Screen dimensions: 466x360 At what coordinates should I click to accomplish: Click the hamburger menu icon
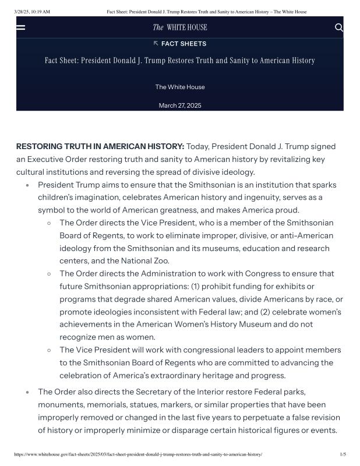(20, 27)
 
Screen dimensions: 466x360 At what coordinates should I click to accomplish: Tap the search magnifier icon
(339, 27)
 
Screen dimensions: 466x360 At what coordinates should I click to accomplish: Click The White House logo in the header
(179, 27)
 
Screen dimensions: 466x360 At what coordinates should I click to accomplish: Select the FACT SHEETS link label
(183, 44)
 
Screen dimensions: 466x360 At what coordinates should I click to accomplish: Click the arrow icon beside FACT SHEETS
(156, 43)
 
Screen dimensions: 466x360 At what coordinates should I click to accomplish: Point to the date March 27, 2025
(180, 105)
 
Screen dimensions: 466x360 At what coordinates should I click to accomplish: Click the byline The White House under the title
(180, 87)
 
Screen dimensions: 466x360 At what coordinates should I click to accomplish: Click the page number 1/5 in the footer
(343, 454)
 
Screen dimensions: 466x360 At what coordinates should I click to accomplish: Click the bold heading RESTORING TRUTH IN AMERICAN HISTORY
(100, 146)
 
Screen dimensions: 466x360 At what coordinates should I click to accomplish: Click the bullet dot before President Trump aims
(27, 185)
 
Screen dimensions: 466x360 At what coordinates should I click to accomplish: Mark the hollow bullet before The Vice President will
(50, 350)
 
